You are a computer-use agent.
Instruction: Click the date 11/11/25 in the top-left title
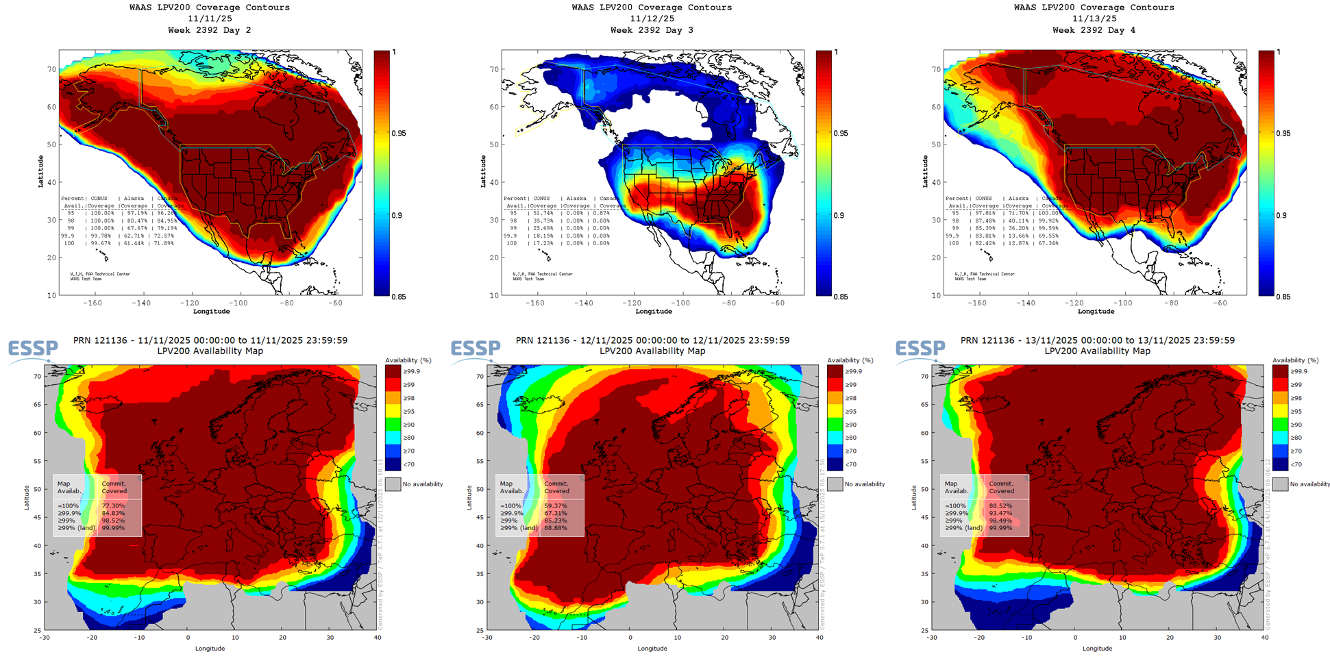[210, 18]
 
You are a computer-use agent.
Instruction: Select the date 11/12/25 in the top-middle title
[652, 18]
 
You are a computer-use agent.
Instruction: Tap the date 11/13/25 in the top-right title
[1094, 18]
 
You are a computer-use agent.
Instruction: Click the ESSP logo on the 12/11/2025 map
[475, 349]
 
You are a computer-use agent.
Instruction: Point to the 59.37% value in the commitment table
[556, 505]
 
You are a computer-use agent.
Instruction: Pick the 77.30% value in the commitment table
[113, 505]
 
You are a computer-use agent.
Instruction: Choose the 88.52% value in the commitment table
[1000, 505]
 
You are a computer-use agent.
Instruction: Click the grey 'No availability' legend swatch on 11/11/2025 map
[393, 484]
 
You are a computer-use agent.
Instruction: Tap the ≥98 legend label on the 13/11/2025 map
[1296, 398]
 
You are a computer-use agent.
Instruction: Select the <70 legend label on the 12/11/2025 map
[850, 464]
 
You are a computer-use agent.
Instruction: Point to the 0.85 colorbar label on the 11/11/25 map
[398, 297]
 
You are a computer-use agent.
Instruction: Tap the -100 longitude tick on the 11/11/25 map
[238, 303]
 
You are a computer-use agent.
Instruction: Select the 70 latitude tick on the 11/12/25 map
[494, 69]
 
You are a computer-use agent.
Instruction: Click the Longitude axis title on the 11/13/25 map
[1096, 312]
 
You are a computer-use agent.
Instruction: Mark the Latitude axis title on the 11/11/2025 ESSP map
[27, 497]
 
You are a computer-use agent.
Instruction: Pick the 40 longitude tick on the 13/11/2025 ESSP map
[1265, 638]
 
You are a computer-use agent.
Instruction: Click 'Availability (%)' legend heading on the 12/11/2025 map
[850, 360]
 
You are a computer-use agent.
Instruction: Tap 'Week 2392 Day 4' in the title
[1094, 30]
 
